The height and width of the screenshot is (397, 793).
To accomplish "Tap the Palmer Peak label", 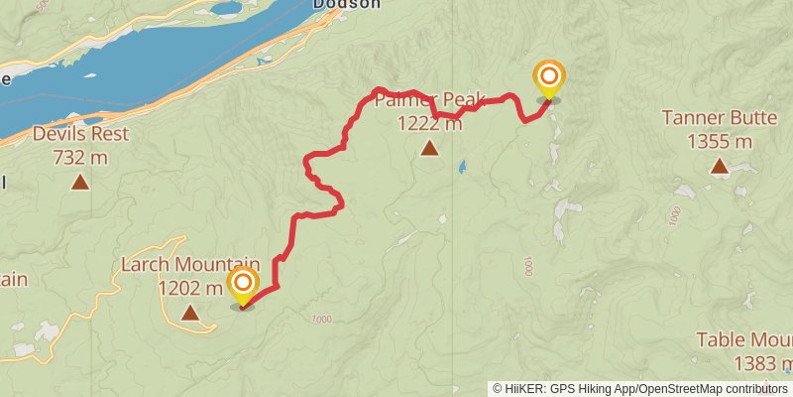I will tap(429, 100).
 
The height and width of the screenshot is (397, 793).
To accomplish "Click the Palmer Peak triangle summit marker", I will tap(429, 149).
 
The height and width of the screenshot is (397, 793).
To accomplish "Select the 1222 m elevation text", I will tap(429, 123).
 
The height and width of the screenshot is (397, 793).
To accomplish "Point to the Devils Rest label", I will tap(79, 134).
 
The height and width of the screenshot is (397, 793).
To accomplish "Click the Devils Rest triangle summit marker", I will tap(79, 182).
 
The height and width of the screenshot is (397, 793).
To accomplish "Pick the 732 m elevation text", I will tap(79, 157).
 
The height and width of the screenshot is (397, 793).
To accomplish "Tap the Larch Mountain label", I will tap(190, 265).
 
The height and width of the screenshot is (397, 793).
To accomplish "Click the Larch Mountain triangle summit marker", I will tap(189, 314).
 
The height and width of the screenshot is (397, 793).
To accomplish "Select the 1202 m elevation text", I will tap(190, 289).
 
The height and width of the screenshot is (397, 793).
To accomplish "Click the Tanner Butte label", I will tap(720, 118).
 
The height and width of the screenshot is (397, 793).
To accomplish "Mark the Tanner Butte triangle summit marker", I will tap(720, 167).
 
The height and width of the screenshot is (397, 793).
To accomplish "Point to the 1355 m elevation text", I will tap(720, 141).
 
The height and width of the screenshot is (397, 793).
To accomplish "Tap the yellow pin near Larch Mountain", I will tap(243, 286).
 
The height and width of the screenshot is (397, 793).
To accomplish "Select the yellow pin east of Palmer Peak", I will tap(548, 78).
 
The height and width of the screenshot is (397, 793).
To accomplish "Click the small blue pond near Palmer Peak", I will tap(461, 168).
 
